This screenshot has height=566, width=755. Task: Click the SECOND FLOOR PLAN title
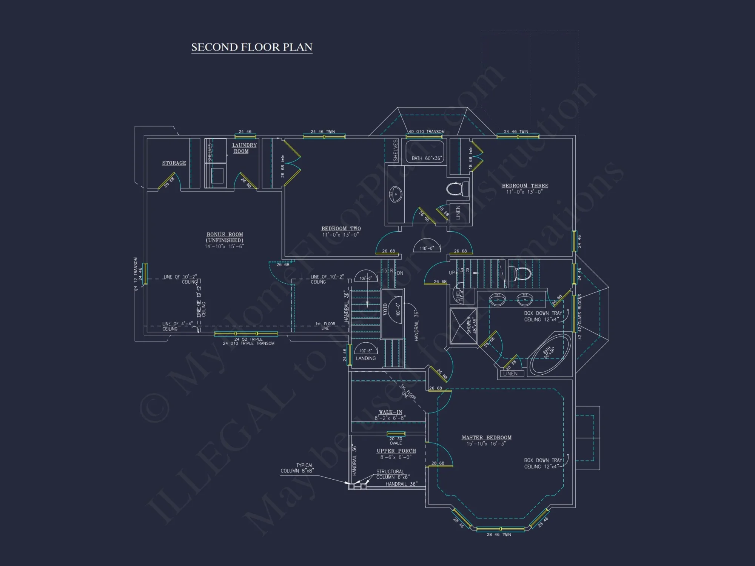[x=252, y=47]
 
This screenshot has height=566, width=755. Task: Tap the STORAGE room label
[x=174, y=163]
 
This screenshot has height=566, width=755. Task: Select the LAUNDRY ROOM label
[x=244, y=148]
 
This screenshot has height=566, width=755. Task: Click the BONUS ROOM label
[x=225, y=237]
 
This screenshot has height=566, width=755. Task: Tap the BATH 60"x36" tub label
[x=426, y=158]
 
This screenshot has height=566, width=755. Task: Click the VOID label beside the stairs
[x=385, y=309]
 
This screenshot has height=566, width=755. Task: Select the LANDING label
[x=365, y=358]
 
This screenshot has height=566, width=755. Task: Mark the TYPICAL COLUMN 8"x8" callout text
[x=297, y=468]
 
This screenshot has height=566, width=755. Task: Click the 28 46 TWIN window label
[x=499, y=534]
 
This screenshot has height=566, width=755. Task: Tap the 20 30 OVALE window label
[x=396, y=441]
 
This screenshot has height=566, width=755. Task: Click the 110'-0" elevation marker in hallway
[x=427, y=248]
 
